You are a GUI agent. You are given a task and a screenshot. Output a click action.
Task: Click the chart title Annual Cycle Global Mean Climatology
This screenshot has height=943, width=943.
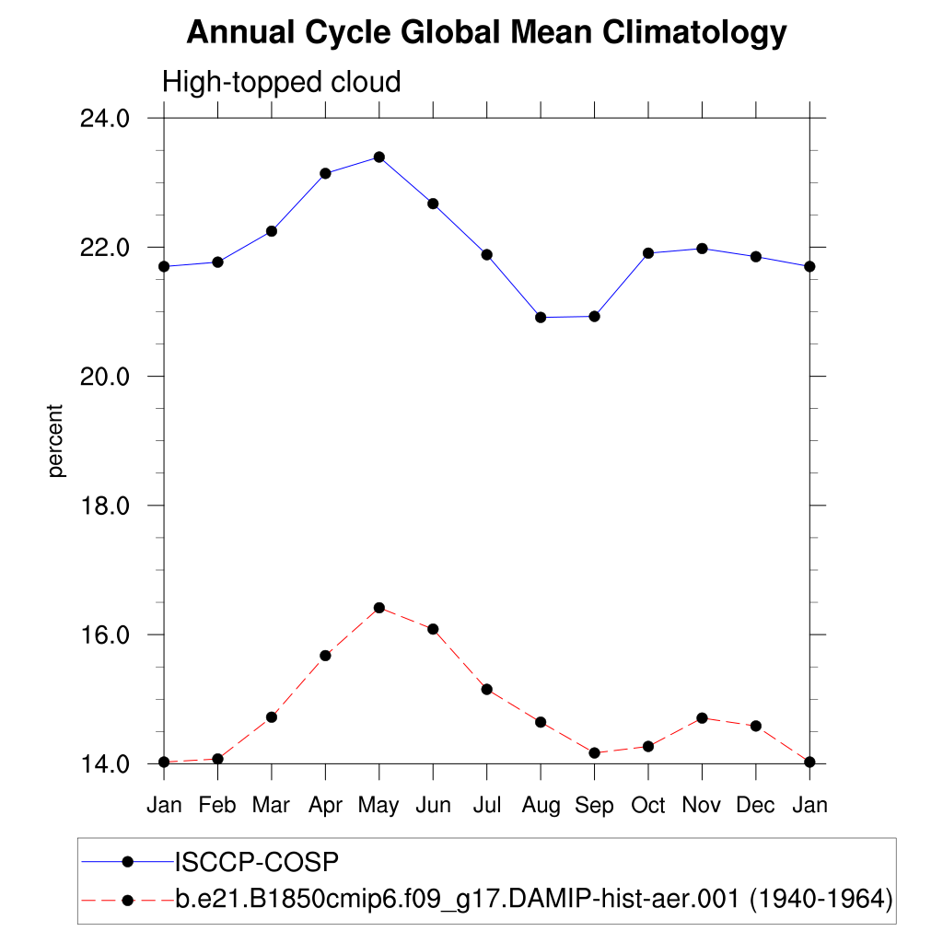point(486,33)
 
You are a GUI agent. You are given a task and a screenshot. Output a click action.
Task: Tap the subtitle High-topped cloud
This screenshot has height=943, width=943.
point(282,82)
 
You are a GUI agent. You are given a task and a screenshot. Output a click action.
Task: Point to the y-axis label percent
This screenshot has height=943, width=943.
point(57,440)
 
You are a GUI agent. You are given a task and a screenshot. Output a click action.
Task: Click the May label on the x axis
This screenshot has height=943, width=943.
point(378,806)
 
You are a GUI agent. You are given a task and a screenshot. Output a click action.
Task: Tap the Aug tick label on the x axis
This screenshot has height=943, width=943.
point(541,806)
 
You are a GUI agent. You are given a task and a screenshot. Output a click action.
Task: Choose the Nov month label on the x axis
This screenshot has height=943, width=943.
point(702,806)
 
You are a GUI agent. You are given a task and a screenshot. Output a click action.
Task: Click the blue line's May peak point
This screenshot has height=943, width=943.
point(378,157)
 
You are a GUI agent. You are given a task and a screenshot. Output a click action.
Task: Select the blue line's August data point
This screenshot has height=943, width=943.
point(541,318)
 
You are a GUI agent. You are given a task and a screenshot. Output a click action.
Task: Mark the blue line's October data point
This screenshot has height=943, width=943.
point(648,253)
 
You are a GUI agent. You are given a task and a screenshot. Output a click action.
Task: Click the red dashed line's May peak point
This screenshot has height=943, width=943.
point(378,608)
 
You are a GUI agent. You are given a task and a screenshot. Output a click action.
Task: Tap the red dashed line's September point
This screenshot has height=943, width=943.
point(594,753)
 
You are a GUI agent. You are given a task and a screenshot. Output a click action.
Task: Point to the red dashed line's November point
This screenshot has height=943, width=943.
point(702,718)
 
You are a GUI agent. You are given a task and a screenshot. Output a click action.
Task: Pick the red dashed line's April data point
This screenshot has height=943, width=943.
point(325,656)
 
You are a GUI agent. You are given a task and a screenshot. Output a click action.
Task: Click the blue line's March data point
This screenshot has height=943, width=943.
point(272,231)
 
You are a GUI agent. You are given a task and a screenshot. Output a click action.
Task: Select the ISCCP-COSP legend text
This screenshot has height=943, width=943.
point(257,862)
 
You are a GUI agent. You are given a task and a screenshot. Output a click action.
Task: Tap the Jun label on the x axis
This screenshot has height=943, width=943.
point(433,806)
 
